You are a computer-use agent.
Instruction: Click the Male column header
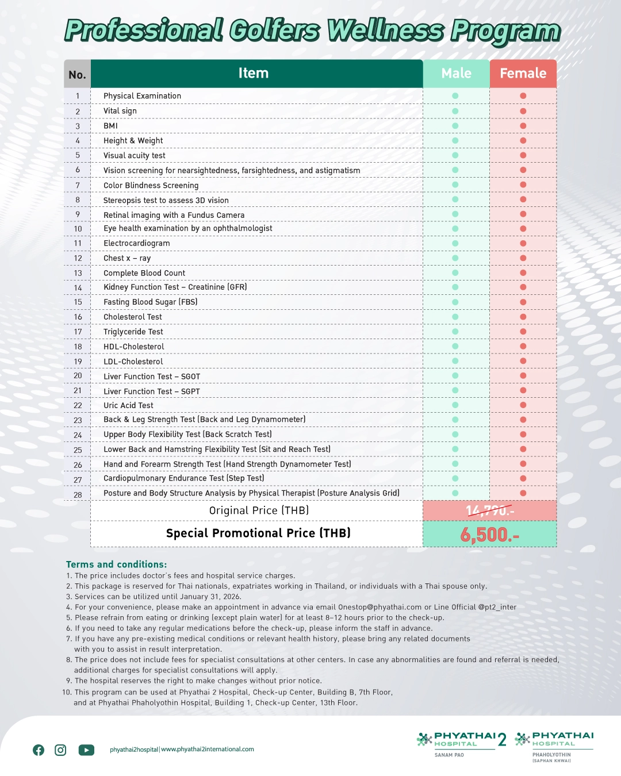click(456, 74)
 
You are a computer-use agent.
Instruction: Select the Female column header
click(523, 74)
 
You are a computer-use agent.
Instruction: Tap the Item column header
click(254, 74)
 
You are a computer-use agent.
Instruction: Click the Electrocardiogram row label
click(137, 243)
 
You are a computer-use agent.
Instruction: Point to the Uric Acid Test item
click(128, 405)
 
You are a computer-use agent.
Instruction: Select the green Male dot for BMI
click(455, 126)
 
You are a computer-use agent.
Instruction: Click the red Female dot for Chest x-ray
click(523, 258)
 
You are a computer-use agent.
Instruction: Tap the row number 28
click(78, 495)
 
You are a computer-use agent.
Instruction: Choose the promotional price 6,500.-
click(489, 535)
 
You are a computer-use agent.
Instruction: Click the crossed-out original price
click(489, 510)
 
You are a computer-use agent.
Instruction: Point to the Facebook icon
click(39, 750)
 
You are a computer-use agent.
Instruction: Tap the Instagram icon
click(60, 750)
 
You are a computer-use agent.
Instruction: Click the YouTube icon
click(86, 750)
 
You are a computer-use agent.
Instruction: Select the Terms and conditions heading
click(116, 564)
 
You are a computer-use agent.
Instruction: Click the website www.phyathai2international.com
click(208, 750)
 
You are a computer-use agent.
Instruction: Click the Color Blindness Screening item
click(151, 185)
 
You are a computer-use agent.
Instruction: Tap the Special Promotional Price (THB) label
click(258, 533)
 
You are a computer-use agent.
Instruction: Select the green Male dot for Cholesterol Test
click(455, 317)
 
